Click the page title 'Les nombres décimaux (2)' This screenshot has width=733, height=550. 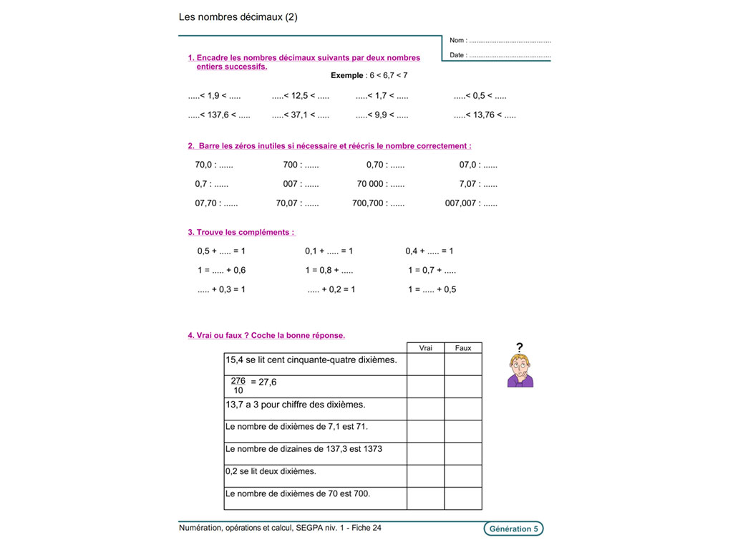pos(238,17)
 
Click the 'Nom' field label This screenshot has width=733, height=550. pos(458,41)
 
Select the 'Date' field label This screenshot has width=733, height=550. pos(458,55)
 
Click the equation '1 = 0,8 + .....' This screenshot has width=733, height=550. pos(329,271)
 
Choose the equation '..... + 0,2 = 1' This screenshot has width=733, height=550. pos(331,289)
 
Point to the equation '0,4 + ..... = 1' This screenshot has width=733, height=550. pos(429,251)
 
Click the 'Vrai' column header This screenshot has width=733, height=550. pos(425,348)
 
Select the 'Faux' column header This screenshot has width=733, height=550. pos(463,348)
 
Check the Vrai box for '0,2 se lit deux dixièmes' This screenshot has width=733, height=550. pos(425,476)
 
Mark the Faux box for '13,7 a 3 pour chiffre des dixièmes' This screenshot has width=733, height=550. pos(463,409)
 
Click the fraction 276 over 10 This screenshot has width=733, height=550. pos(238,386)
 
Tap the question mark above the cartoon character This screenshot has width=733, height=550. pos(520,347)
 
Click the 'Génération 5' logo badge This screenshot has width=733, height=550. pos(513,529)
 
